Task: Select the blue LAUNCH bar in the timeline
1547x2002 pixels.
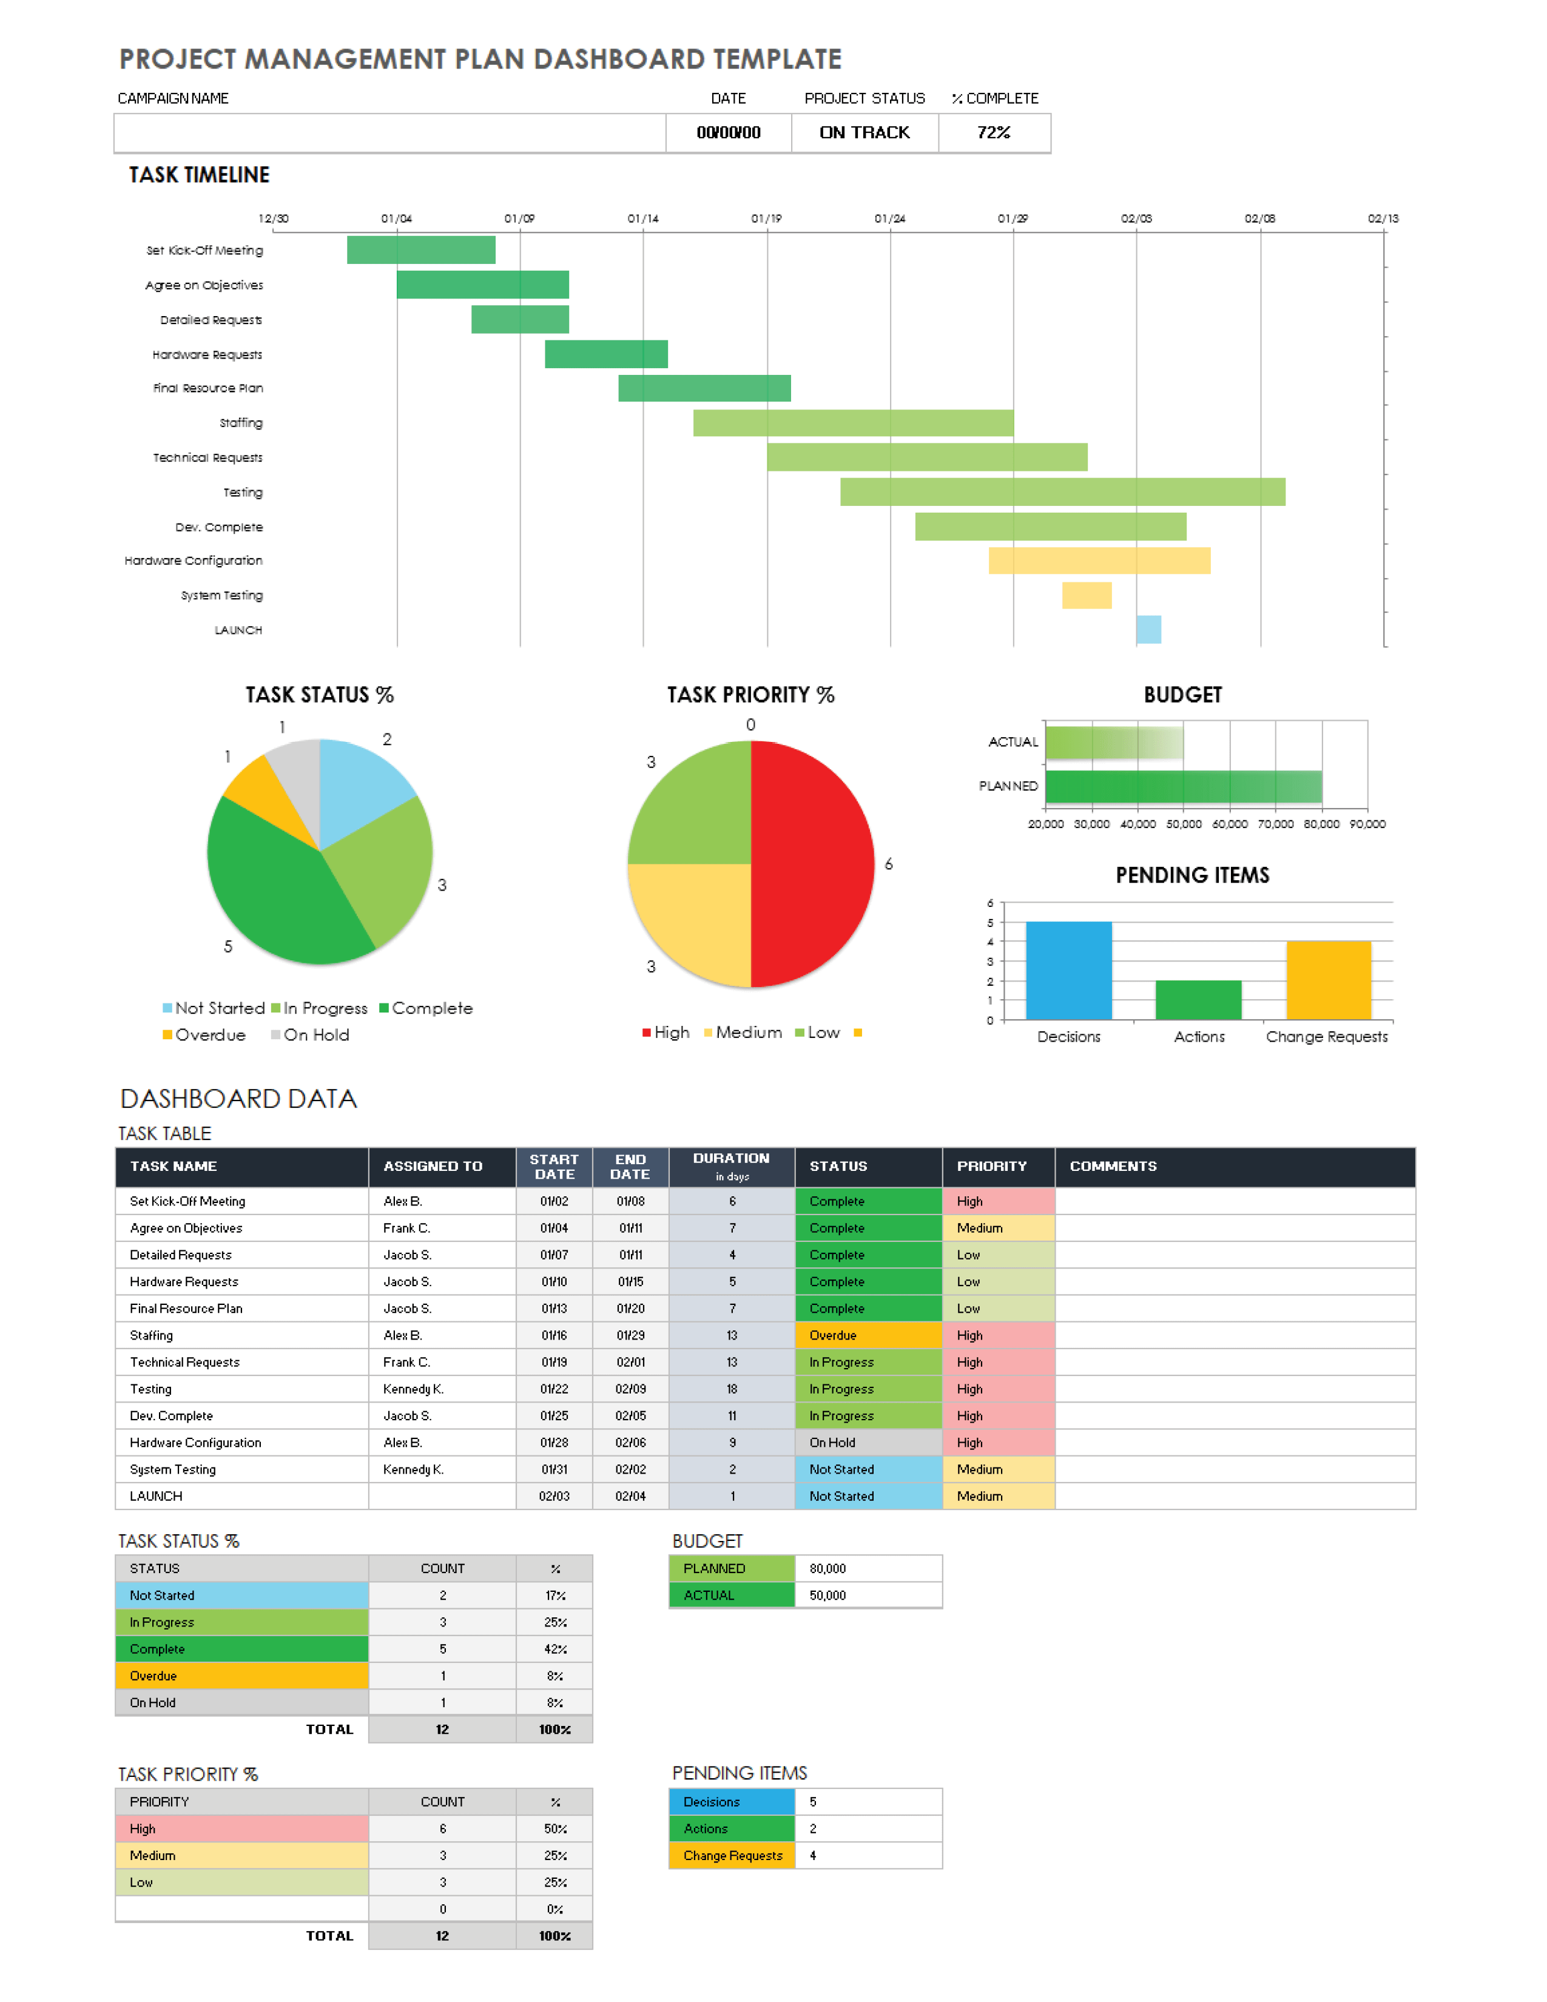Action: point(1148,630)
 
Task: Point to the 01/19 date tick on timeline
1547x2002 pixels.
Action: point(766,219)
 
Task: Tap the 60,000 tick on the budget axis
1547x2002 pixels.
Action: point(1230,824)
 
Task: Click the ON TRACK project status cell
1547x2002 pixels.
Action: point(864,133)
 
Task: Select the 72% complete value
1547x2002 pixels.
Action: point(994,133)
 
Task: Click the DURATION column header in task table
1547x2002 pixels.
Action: point(732,1166)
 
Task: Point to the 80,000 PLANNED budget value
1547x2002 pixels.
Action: point(827,1568)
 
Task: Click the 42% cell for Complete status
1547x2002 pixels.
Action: point(554,1649)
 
